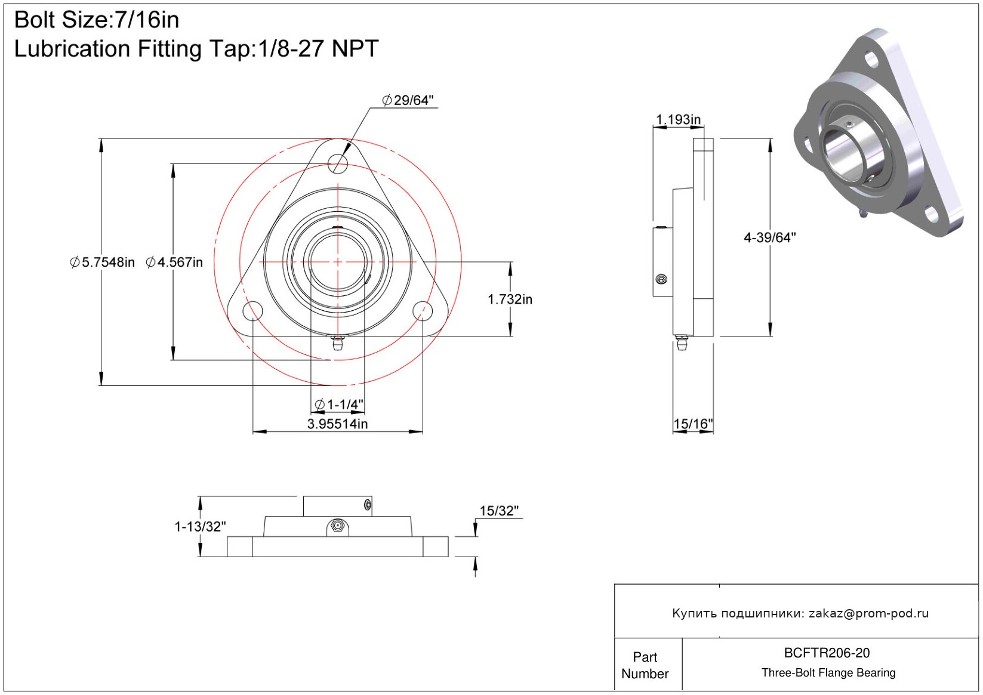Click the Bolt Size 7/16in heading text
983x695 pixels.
click(96, 20)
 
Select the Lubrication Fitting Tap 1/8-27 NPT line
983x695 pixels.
click(196, 49)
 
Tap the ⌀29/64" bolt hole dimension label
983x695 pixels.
click(408, 100)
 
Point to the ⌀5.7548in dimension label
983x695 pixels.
click(102, 262)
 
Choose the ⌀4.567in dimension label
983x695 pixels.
click(174, 262)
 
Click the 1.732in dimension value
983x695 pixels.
click(510, 299)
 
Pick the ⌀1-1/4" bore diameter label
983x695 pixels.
click(339, 404)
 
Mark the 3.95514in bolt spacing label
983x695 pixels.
click(337, 424)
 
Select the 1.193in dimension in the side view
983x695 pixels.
click(679, 119)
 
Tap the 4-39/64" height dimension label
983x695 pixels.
click(769, 237)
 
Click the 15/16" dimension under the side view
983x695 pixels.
click(693, 424)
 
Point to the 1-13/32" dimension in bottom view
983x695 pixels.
click(200, 526)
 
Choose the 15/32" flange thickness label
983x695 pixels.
click(499, 511)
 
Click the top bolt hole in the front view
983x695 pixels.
click(338, 163)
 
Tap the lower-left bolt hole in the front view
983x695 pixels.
click(252, 311)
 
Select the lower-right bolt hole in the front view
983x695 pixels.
click(423, 311)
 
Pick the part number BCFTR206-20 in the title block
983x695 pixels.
click(827, 653)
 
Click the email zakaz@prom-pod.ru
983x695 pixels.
click(868, 613)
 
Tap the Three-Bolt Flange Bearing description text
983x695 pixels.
click(828, 673)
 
